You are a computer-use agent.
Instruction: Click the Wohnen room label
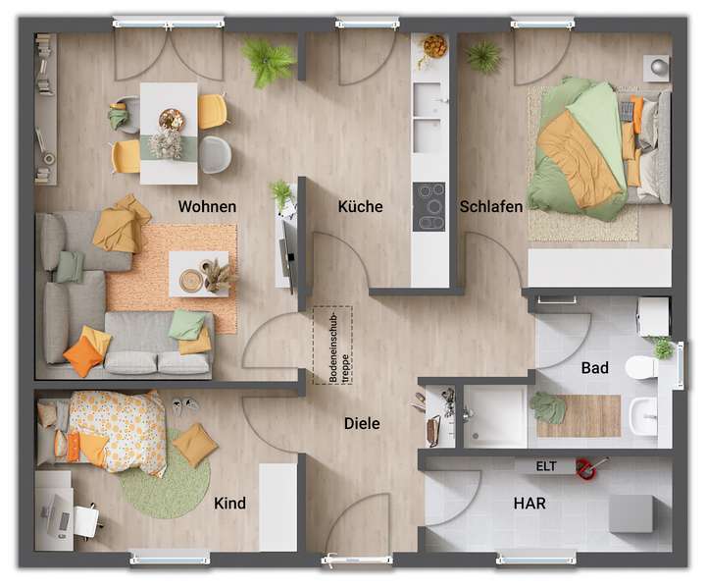point(207,207)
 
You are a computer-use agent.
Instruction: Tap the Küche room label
point(360,207)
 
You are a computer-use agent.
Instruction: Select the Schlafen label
point(490,207)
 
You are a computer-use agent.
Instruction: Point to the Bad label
point(594,368)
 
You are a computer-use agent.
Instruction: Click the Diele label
point(361,424)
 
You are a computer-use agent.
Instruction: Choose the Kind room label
point(229,504)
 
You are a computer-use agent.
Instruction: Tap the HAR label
point(529,504)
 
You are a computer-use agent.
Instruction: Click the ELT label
point(546,466)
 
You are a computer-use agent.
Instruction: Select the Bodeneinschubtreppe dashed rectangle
point(332,345)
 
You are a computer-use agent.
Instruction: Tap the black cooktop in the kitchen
point(429,206)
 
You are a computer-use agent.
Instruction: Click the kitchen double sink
point(428,118)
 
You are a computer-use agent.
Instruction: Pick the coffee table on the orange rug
point(198,274)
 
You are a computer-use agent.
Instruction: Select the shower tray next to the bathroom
point(494,415)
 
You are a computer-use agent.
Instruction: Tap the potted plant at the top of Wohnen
point(267,61)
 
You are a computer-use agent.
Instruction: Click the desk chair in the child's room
point(86,521)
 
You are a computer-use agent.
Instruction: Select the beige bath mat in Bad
point(580,415)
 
